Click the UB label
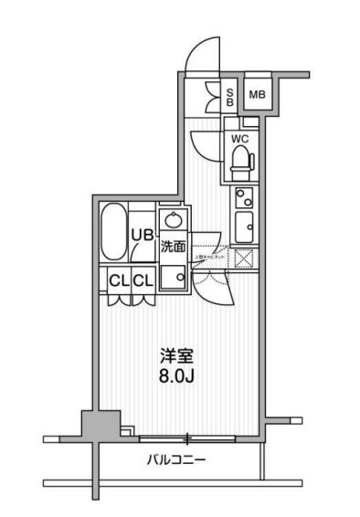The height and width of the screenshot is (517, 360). [142, 235]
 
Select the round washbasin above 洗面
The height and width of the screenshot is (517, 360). [171, 220]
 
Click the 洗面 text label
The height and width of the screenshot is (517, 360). [174, 247]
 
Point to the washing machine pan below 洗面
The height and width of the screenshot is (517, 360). [172, 278]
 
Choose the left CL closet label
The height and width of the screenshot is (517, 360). [119, 280]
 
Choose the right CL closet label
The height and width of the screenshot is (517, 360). [142, 280]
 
